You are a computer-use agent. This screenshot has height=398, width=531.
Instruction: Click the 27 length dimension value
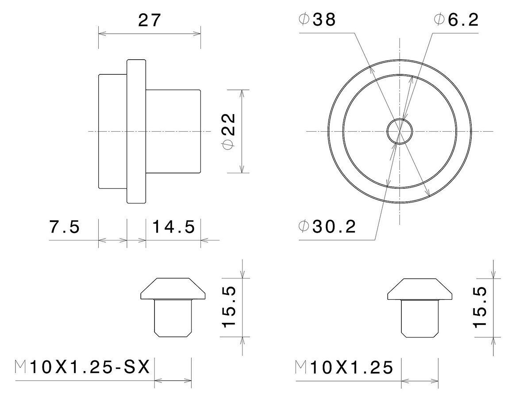149,20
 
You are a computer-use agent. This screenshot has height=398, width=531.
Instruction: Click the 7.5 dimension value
64,227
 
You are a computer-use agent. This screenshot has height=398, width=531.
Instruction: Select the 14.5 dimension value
174,227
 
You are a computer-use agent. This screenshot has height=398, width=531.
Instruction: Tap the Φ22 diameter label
229,131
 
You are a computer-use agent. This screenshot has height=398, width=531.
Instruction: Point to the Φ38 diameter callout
318,20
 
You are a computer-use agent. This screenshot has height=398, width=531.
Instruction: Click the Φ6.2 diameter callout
457,20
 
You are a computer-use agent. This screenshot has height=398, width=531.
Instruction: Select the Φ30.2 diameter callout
327,227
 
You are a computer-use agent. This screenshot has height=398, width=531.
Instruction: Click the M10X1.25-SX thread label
83,367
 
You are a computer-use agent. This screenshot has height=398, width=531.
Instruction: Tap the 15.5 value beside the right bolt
480,307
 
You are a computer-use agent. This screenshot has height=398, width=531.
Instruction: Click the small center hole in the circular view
400,131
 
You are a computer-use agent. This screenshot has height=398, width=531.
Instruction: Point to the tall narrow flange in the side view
136,131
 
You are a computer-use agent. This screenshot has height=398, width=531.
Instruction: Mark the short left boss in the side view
112,131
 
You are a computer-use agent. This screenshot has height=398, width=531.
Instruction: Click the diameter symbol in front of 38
304,20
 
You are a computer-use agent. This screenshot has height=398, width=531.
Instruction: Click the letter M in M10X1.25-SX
20,367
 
